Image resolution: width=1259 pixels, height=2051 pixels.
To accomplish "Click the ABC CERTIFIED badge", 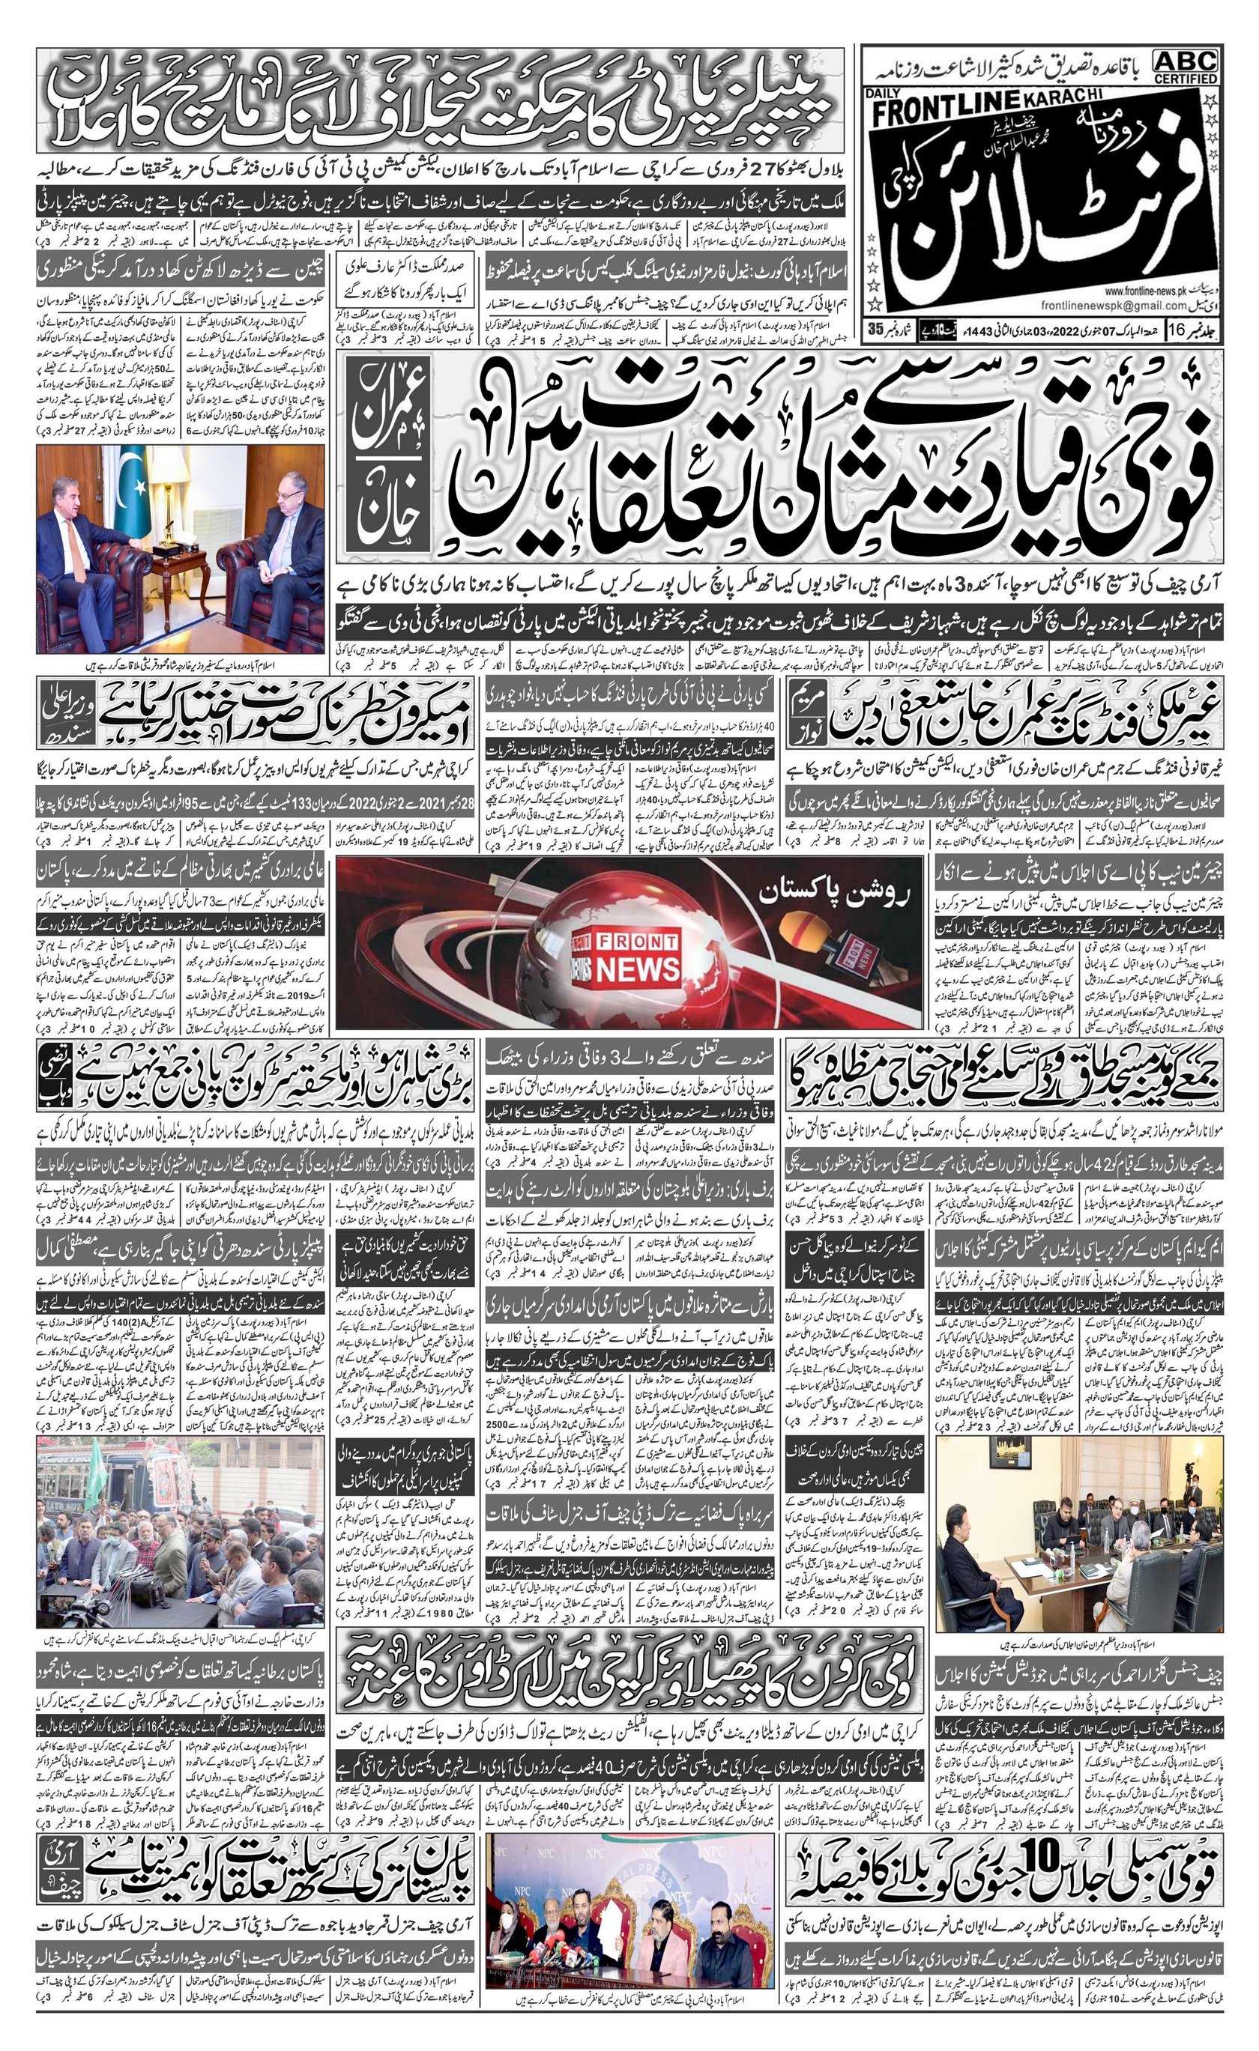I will click(x=1186, y=66).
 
